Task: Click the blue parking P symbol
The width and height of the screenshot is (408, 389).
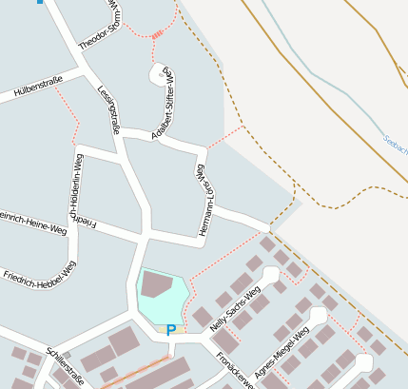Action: coord(171,330)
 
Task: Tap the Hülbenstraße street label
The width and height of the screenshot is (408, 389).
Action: coord(37,90)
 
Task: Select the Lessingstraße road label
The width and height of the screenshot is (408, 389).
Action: coord(107,110)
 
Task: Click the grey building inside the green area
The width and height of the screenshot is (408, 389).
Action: coord(156,284)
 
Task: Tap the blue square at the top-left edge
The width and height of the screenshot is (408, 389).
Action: coord(40,2)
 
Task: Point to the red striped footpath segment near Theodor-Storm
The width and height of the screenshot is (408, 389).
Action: coord(157,35)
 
